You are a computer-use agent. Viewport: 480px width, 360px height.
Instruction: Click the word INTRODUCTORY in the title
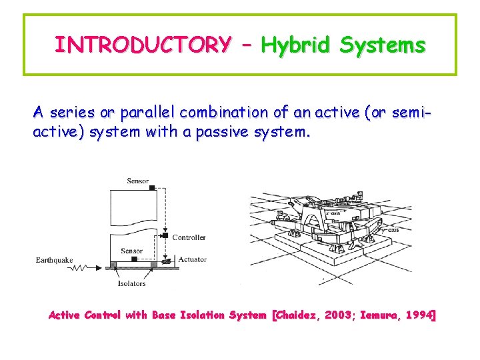143,45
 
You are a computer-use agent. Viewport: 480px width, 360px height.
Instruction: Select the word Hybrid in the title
296,45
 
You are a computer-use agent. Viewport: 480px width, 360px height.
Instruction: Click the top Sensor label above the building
137,181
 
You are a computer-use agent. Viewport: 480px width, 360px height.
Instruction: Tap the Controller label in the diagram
189,237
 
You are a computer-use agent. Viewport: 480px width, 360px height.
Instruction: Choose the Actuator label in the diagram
193,259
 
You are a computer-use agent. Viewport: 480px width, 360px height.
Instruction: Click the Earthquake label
55,260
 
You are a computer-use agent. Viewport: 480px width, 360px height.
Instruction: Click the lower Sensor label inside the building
131,251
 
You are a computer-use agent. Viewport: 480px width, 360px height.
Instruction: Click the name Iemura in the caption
381,315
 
